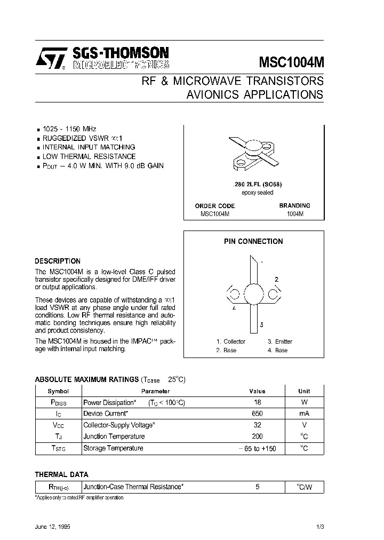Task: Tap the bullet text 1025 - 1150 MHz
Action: coord(69,129)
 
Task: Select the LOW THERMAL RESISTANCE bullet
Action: coord(89,156)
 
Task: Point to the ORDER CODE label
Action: coord(215,205)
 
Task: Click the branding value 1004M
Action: coord(294,213)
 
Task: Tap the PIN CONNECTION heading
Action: coord(253,241)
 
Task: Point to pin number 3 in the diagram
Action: coord(261,324)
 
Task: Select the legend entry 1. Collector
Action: coord(231,342)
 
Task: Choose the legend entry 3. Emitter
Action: coord(280,342)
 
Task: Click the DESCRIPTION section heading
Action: coord(58,261)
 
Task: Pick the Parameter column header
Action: coord(155,391)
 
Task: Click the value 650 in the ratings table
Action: coord(257,414)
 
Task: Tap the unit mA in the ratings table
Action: coord(304,414)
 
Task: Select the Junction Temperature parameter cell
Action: coord(114,436)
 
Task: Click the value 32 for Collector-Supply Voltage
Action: coord(257,425)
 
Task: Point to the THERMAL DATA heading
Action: coord(62,474)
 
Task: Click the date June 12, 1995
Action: coord(53,526)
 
